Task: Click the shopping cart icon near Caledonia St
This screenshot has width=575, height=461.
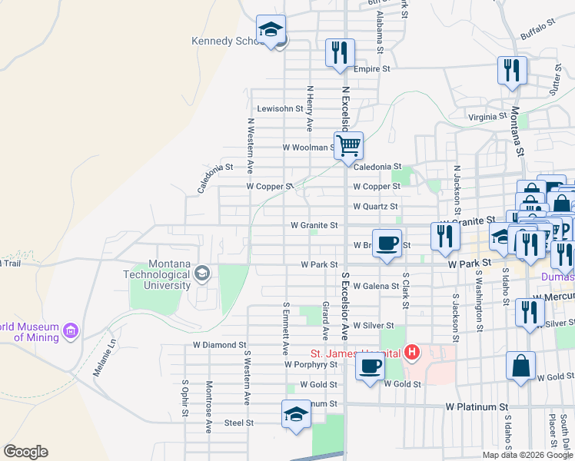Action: click(349, 144)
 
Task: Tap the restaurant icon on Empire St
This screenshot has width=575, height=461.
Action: click(340, 52)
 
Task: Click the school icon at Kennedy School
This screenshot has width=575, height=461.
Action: click(271, 30)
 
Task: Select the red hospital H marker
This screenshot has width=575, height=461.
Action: click(413, 353)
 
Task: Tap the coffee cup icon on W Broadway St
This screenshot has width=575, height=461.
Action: click(387, 243)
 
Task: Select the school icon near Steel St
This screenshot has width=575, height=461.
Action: click(296, 414)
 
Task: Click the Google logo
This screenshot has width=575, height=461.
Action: click(25, 452)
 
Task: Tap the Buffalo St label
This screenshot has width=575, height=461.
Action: click(537, 30)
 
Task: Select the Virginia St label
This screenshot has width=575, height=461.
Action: click(487, 118)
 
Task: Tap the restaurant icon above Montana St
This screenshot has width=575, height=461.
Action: click(511, 70)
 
